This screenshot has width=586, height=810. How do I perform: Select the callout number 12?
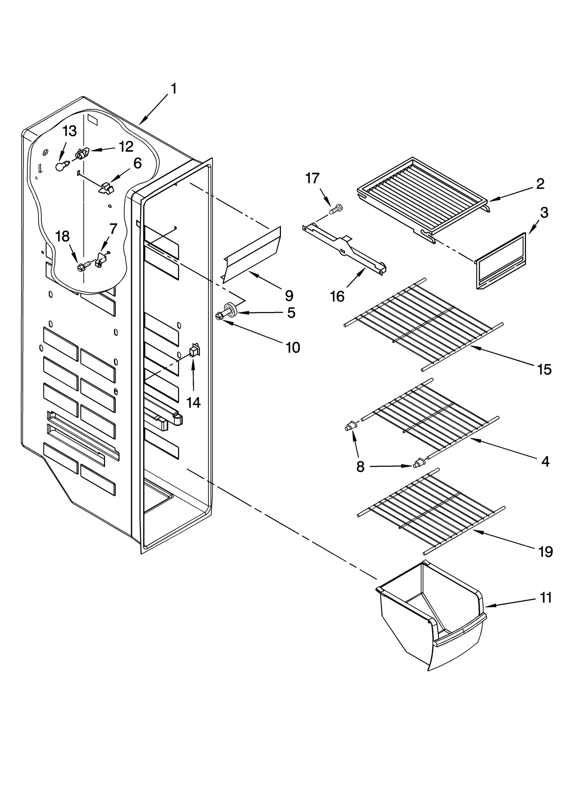tap(126, 147)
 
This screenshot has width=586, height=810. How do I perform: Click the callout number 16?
tap(337, 296)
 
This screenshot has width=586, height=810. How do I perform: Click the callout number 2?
tap(540, 183)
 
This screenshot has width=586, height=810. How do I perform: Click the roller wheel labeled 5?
tap(230, 308)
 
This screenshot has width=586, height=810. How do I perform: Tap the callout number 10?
tap(292, 347)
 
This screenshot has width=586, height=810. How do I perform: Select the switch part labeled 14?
tap(194, 351)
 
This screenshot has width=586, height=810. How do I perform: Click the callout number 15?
tap(544, 370)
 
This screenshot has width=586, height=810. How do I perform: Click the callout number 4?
tap(545, 462)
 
